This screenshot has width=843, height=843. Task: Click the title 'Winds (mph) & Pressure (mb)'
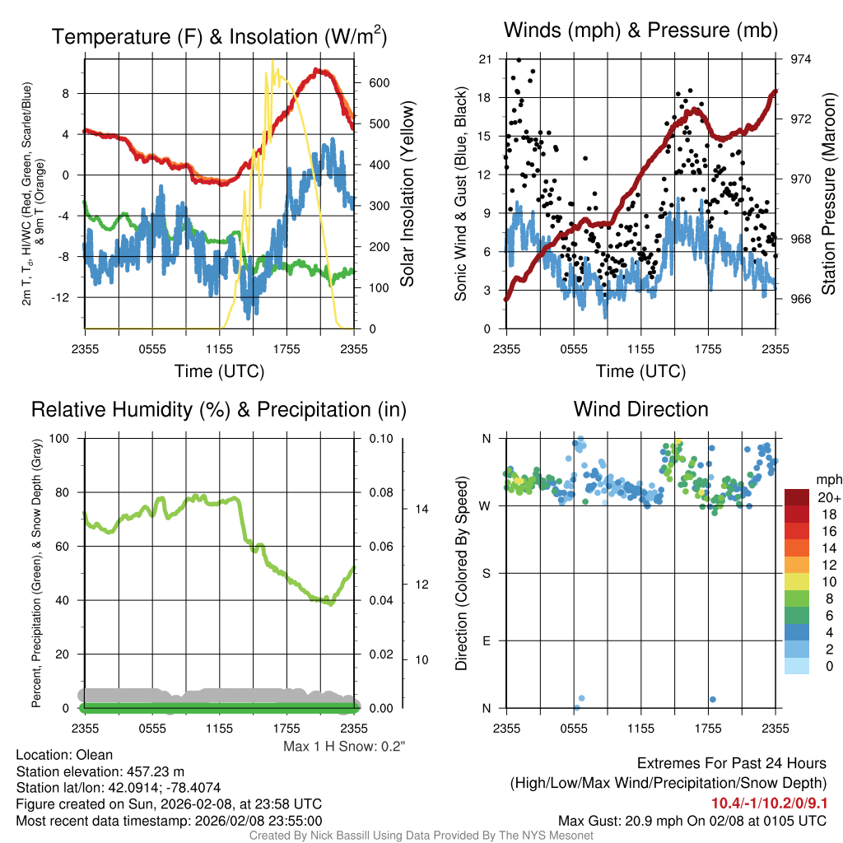click(640, 31)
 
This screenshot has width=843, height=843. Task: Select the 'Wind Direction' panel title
click(640, 409)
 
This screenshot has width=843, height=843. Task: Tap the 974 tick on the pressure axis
click(802, 59)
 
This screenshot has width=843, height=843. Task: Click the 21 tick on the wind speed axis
click(485, 59)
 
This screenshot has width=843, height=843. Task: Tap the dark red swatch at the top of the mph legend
click(797, 497)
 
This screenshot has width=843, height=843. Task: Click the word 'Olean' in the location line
click(95, 754)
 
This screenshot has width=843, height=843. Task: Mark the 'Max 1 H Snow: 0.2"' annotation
click(344, 746)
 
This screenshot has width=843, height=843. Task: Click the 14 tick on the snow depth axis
click(421, 509)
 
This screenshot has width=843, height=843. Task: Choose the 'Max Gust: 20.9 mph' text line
click(692, 820)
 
